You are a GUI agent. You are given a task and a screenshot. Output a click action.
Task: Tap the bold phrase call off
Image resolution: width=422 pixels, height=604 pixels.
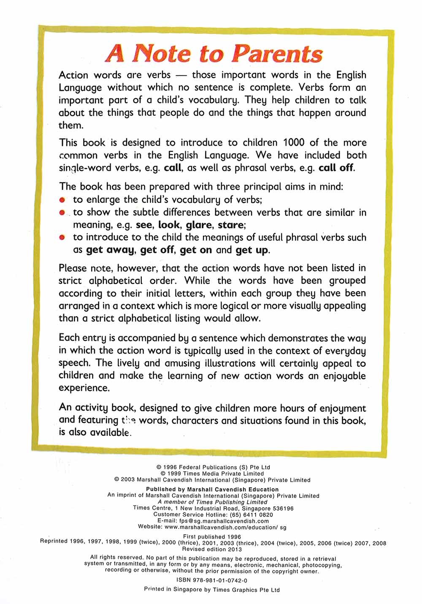[x=336, y=168]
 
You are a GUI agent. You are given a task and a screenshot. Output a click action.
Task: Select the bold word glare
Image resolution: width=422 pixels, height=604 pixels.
[x=198, y=225]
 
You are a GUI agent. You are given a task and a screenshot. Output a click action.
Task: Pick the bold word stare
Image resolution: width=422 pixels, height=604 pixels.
[x=230, y=225]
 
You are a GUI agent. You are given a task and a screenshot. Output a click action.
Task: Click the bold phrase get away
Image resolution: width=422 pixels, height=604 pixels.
[x=110, y=250]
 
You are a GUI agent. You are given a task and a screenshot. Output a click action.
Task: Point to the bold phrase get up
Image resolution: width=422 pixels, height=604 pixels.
[x=252, y=250]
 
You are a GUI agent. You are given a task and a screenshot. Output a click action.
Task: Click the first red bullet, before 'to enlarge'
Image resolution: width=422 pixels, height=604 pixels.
[x=62, y=200]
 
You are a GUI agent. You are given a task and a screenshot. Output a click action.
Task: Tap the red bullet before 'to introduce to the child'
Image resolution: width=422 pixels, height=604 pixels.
[x=62, y=238]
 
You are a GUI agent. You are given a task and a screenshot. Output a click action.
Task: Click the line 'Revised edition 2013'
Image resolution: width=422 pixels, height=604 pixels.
[x=212, y=549]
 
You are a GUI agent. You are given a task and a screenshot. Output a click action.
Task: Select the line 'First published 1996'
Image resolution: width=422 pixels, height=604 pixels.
[x=212, y=537]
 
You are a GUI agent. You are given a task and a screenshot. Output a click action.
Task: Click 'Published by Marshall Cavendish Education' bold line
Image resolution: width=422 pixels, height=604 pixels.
[x=212, y=489]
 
